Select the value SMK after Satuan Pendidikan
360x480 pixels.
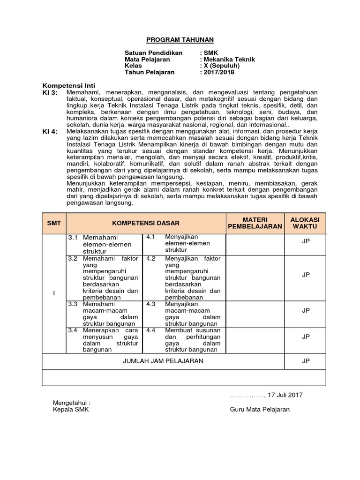click(x=209, y=53)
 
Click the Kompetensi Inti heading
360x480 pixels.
click(x=69, y=86)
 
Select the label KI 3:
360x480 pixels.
click(x=50, y=93)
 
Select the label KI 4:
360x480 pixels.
click(x=50, y=132)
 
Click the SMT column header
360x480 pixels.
click(x=54, y=223)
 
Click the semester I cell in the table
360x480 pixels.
click(x=54, y=293)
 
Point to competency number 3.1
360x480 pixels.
click(x=72, y=238)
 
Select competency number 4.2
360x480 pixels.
click(x=150, y=258)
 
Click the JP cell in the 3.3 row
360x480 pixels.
click(x=306, y=310)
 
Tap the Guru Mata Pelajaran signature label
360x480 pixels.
click(x=260, y=409)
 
